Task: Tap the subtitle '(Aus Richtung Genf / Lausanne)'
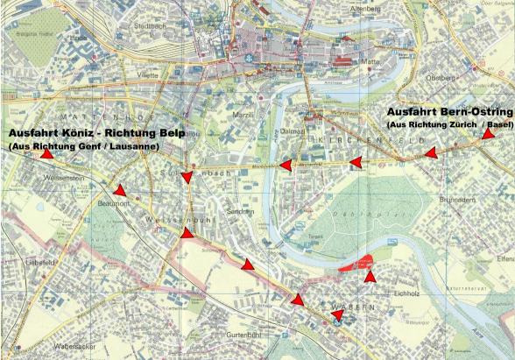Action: pyautogui.click(x=83, y=147)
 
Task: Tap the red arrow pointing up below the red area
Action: pyautogui.click(x=370, y=277)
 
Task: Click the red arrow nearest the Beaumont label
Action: pyautogui.click(x=119, y=191)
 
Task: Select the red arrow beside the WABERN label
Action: pyautogui.click(x=336, y=315)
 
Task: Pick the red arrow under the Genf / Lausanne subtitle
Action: pyautogui.click(x=46, y=153)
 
